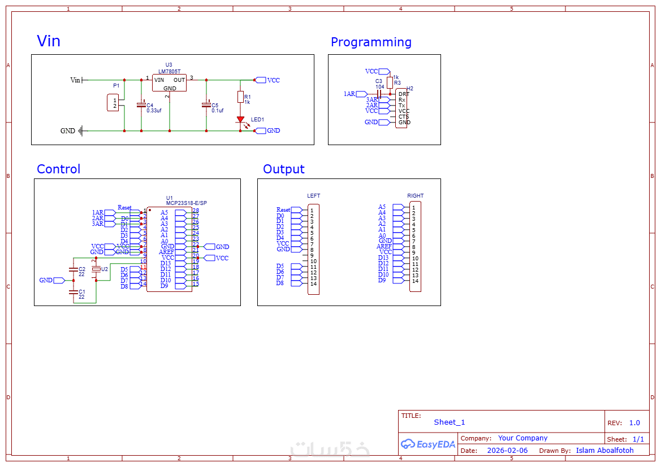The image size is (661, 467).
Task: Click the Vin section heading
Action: click(x=49, y=41)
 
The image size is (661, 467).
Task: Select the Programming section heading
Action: click(x=371, y=42)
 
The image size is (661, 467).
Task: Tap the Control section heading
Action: click(x=58, y=169)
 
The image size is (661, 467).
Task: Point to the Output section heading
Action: click(x=284, y=169)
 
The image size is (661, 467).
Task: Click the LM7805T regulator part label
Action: click(x=170, y=72)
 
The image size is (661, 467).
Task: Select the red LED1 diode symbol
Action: click(x=240, y=120)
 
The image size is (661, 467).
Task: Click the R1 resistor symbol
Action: click(x=240, y=97)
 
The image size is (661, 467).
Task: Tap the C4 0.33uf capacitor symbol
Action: click(x=141, y=105)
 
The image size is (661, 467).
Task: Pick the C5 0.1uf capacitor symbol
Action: click(x=206, y=105)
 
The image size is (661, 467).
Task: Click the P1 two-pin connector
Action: click(x=113, y=103)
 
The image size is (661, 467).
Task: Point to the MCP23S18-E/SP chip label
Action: click(x=186, y=203)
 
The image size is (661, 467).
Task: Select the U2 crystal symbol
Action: click(x=96, y=269)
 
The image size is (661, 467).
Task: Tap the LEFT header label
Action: click(x=313, y=196)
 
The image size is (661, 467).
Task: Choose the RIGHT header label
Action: click(x=415, y=196)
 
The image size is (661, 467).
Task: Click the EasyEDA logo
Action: click(x=428, y=444)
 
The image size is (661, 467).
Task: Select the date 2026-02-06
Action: click(x=507, y=451)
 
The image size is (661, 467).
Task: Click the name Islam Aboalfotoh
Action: click(x=604, y=451)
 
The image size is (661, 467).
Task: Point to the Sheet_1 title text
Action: click(x=450, y=422)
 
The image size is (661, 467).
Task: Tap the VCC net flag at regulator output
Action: click(x=261, y=80)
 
